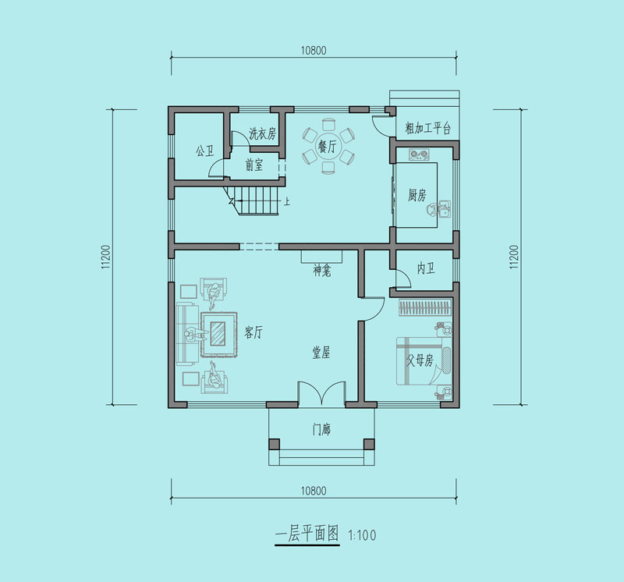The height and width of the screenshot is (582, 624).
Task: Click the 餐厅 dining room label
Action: [327, 146]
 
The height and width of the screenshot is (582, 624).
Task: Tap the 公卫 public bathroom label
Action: [204, 151]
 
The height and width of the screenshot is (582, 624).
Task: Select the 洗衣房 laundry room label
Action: [262, 133]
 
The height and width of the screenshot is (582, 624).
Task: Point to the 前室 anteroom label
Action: [254, 165]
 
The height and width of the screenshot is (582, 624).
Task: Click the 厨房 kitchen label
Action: [417, 195]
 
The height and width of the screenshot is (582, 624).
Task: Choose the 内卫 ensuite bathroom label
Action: [425, 268]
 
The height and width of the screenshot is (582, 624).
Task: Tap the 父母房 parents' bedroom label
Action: [420, 360]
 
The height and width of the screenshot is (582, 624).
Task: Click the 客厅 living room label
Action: [253, 332]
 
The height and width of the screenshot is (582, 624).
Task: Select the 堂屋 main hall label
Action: [321, 353]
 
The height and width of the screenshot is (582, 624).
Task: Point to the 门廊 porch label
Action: [321, 430]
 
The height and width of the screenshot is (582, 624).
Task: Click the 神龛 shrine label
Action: [322, 271]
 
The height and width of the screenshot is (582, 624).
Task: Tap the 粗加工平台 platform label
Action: [427, 128]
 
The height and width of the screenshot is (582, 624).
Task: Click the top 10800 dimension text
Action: [314, 51]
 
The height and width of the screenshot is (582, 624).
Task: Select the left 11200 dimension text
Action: [106, 257]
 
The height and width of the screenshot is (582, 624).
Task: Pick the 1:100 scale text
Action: [362, 535]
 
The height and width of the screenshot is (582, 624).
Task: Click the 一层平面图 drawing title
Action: [307, 534]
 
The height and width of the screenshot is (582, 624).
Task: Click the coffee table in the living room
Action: [219, 334]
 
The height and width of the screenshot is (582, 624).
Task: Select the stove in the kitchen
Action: [419, 154]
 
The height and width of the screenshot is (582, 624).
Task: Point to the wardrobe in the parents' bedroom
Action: [425, 307]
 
